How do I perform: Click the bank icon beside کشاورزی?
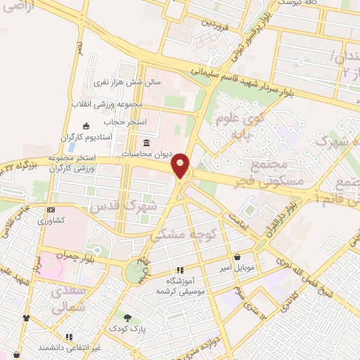point(50,210)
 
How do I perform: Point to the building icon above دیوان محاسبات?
point(146,141)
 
